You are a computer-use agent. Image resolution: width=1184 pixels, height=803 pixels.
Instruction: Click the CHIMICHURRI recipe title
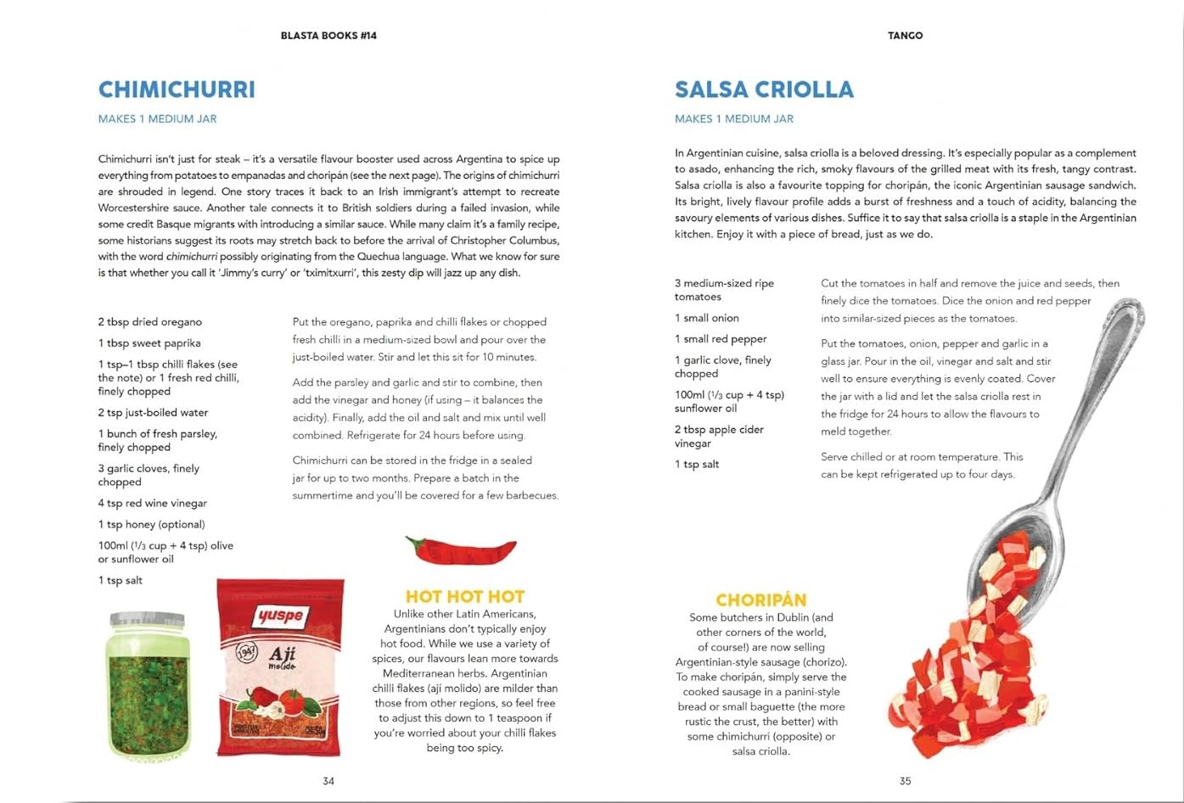tap(177, 90)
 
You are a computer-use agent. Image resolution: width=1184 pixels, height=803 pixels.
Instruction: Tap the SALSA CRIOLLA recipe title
tap(764, 90)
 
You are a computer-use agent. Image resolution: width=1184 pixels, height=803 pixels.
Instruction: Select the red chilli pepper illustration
tap(461, 549)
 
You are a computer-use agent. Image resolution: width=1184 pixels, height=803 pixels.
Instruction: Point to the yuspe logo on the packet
tap(281, 615)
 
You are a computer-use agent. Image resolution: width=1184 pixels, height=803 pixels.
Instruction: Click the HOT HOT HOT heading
tap(464, 597)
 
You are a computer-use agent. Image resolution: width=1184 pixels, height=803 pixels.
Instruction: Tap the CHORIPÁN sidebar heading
tap(760, 600)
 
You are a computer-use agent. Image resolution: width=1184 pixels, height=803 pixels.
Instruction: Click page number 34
tap(328, 781)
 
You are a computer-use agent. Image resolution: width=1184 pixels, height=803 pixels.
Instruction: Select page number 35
tap(905, 781)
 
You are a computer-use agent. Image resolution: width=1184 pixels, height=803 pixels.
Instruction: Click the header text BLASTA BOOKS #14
tap(328, 36)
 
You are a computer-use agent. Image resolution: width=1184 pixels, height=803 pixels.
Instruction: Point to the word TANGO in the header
tap(905, 36)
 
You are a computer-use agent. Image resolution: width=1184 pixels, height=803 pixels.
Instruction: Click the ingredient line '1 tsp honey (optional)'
tap(151, 524)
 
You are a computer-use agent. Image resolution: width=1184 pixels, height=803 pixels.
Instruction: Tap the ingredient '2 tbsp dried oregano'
tap(149, 322)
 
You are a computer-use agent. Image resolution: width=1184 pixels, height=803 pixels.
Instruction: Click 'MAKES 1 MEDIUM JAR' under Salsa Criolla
tap(734, 119)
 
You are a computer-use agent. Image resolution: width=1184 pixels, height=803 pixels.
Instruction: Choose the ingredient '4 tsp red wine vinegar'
tap(152, 503)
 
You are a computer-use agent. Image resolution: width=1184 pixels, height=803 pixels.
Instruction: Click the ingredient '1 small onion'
tap(706, 318)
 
